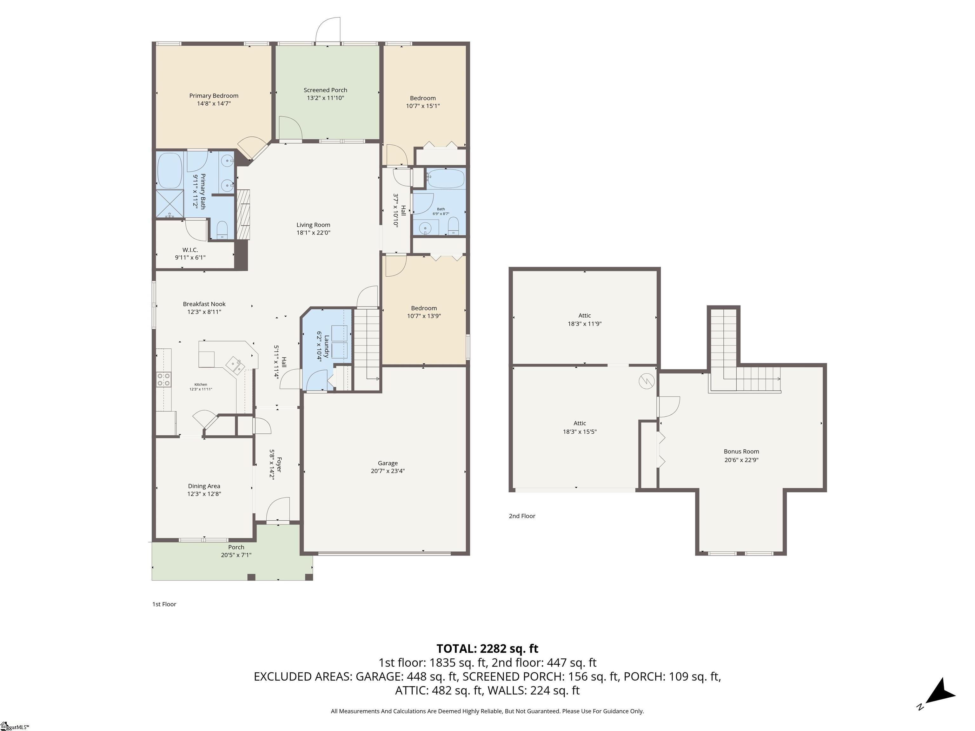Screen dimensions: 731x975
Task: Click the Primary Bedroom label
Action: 214,95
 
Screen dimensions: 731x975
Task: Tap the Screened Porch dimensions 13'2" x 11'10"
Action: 325,98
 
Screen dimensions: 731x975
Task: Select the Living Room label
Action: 313,225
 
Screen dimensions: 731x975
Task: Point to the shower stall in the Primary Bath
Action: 170,204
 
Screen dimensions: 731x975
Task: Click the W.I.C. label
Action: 190,250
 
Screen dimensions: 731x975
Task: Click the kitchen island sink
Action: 235,365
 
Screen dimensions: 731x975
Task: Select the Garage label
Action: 388,463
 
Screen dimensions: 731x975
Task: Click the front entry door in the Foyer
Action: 278,510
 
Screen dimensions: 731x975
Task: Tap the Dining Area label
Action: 204,486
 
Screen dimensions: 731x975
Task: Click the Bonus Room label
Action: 741,451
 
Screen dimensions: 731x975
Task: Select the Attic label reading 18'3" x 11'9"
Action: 585,315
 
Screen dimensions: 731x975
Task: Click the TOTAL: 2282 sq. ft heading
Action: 487,649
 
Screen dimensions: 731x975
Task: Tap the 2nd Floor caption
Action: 522,516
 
